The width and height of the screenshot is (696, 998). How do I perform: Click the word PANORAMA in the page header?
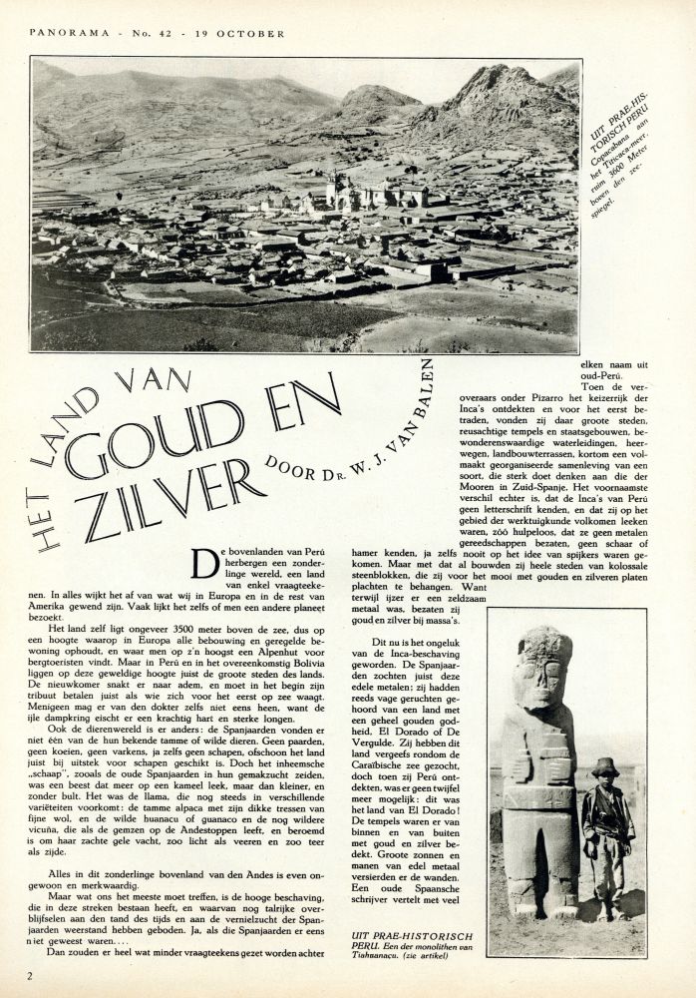(x=64, y=33)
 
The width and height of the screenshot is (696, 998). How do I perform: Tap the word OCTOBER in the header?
(x=255, y=33)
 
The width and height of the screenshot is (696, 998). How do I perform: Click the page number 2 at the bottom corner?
(x=31, y=975)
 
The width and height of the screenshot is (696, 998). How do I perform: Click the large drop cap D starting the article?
(x=206, y=565)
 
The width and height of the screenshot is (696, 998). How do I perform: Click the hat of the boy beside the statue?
(x=604, y=765)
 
